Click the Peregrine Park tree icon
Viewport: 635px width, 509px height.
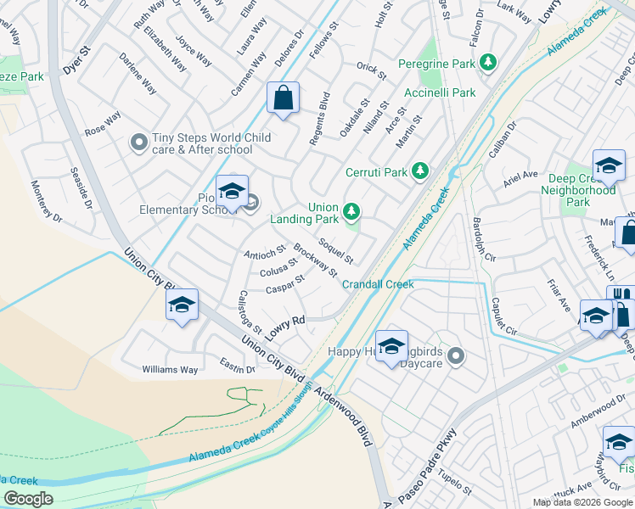[488, 64]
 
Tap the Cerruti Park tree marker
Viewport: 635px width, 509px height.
[419, 171]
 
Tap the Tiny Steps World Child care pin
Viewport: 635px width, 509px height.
[138, 144]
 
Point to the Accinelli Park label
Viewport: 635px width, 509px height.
[439, 92]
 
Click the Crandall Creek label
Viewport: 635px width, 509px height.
[378, 284]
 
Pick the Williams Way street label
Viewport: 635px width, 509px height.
[170, 370]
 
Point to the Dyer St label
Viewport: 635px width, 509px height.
[76, 60]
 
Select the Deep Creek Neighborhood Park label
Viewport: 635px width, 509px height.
[578, 191]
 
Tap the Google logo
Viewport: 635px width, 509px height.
[28, 499]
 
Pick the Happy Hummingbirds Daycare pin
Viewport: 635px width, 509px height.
[456, 356]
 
